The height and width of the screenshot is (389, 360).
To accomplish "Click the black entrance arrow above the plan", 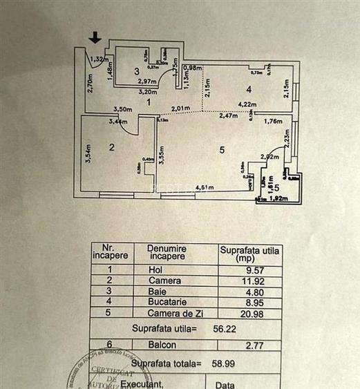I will [x=95, y=38].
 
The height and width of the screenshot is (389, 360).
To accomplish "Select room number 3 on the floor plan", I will [x=137, y=71].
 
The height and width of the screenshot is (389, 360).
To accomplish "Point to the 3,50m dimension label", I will [x=122, y=109].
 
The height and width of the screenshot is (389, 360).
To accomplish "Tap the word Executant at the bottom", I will [x=144, y=383].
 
